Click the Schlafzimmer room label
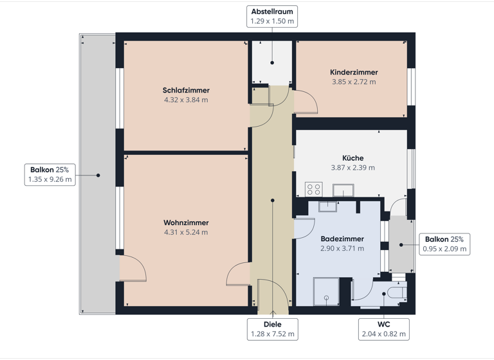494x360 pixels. (x=186, y=91)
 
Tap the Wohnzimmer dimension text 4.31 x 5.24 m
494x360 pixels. (x=186, y=232)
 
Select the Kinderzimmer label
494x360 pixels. (x=354, y=73)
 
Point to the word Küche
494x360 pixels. (x=352, y=158)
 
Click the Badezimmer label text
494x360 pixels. (x=342, y=239)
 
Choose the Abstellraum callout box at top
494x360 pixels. (x=272, y=17)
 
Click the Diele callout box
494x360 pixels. (x=272, y=329)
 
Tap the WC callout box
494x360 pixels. (x=384, y=329)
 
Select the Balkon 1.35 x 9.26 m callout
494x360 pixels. (x=50, y=175)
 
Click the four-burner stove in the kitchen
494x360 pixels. (x=313, y=189)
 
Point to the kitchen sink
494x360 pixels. (x=343, y=190)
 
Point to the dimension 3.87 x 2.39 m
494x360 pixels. (x=352, y=168)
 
